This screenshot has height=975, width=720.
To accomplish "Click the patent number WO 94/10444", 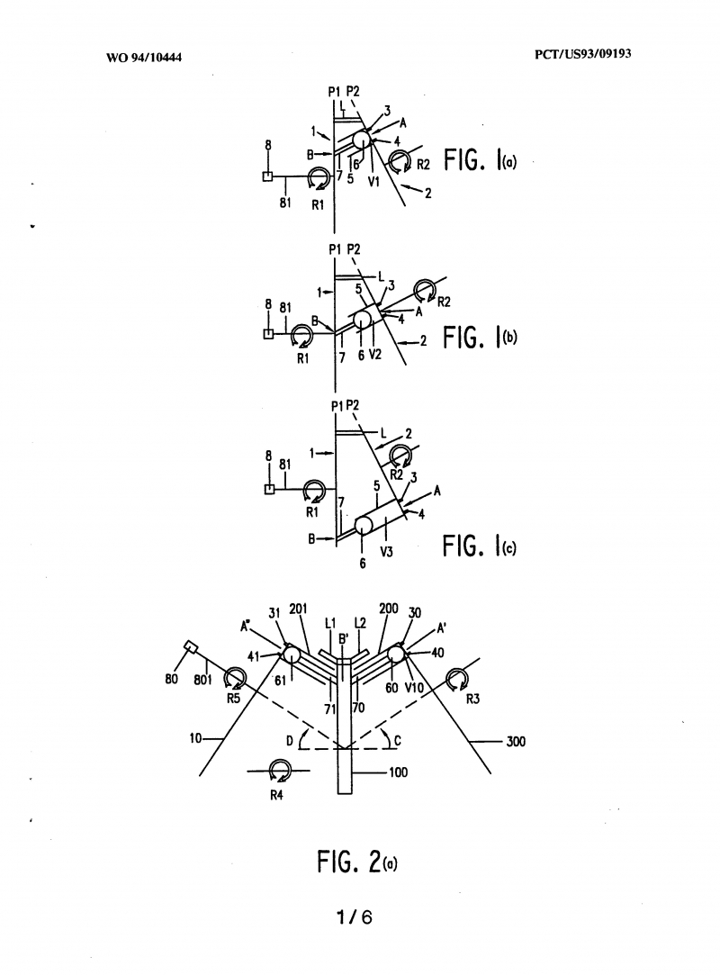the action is click(144, 58).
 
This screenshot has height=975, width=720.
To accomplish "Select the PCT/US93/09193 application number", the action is click(582, 53).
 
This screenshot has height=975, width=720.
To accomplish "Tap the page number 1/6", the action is click(355, 916).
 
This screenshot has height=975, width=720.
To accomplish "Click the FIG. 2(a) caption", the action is click(357, 862).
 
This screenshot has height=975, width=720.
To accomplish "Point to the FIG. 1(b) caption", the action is click(480, 338).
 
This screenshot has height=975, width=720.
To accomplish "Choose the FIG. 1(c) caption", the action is click(480, 546).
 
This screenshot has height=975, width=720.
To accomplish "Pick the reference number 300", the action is click(516, 741).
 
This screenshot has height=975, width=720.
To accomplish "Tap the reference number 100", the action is click(398, 772).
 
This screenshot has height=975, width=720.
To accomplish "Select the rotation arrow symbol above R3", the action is click(458, 679).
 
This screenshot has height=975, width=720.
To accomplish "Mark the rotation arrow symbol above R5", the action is click(235, 678).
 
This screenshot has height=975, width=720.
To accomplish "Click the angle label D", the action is click(290, 741).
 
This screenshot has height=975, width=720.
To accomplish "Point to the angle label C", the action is click(398, 741).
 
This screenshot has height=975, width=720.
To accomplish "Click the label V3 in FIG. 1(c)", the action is click(386, 552).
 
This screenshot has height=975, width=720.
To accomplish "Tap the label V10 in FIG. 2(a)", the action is click(414, 688).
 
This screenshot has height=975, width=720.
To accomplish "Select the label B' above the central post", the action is click(343, 638).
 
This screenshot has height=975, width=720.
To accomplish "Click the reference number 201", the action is click(299, 609).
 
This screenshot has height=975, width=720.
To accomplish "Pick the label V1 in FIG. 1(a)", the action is click(373, 182).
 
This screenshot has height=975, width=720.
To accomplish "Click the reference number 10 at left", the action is click(195, 739).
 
